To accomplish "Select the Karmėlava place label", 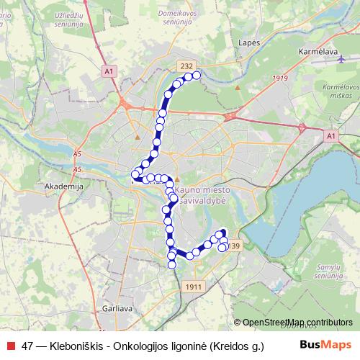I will (x=318, y=52).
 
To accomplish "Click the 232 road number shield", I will (x=186, y=66).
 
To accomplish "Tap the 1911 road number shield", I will (x=192, y=287).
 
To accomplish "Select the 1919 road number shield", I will (x=281, y=78).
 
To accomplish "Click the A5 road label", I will (x=77, y=153).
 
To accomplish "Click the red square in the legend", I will (x=9, y=345).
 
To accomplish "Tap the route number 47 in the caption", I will (x=27, y=345).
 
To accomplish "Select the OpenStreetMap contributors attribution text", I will (x=297, y=323).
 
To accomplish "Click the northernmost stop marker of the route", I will (x=196, y=75).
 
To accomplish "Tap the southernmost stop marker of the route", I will (x=172, y=265).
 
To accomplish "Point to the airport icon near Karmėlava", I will (x=341, y=59).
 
